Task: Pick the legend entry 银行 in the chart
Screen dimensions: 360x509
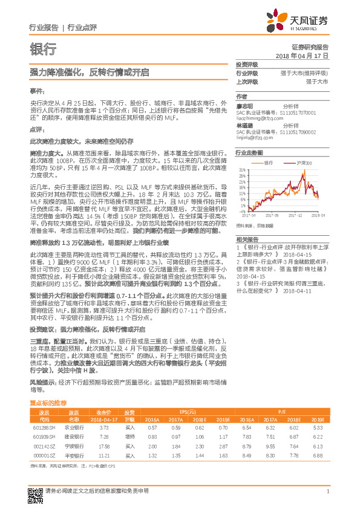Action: [270, 163]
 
